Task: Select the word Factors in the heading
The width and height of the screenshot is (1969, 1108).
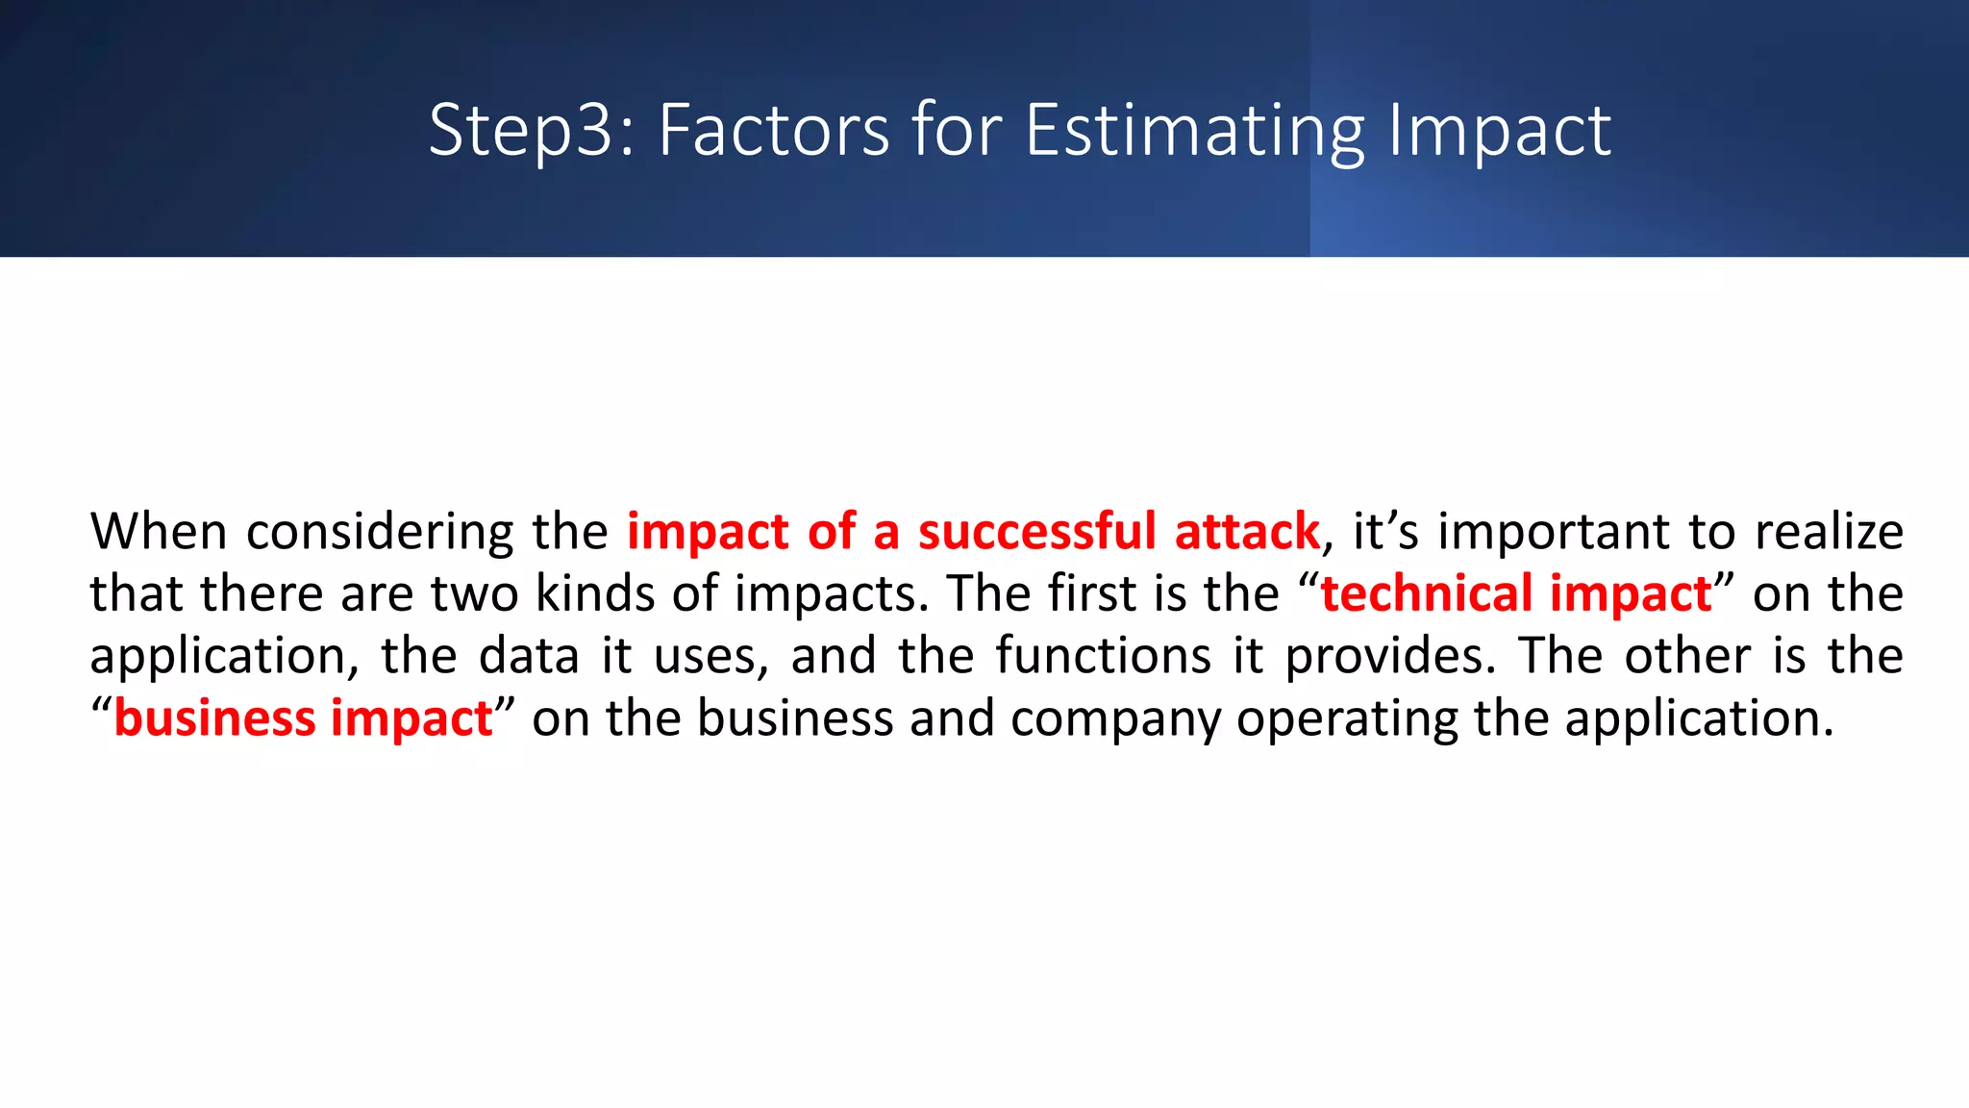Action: tap(774, 130)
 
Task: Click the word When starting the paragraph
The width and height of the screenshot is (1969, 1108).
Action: tap(159, 531)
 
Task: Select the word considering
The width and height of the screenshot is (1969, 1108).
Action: tap(380, 532)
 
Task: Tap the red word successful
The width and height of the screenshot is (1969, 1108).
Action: tap(1036, 532)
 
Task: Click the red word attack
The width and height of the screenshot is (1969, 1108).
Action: tap(1247, 532)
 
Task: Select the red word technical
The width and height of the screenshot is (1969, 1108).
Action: tap(1427, 593)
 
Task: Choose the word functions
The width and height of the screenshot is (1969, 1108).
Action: tap(1103, 656)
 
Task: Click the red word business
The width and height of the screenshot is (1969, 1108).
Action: tap(214, 718)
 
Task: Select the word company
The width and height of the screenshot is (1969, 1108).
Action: tap(1114, 718)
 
